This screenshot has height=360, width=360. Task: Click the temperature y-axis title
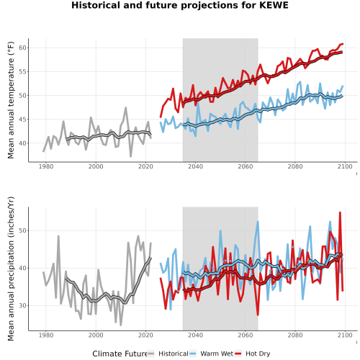[x=11, y=100]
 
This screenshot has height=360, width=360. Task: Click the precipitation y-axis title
[x=11, y=269]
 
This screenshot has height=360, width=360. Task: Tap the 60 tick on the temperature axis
[x=22, y=48]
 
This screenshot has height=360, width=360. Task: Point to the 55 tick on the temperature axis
[x=22, y=71]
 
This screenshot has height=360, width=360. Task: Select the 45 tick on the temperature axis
[x=22, y=120]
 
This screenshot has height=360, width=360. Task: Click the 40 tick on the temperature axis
[x=22, y=143]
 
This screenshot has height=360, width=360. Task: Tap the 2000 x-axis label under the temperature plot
[x=96, y=166]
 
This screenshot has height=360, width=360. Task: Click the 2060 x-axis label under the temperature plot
[x=246, y=166]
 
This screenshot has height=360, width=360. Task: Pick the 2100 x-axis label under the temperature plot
[x=345, y=166]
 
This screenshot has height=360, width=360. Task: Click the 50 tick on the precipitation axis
[x=22, y=230]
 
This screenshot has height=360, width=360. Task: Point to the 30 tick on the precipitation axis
[x=22, y=306]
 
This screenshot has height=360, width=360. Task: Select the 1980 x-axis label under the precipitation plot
[x=46, y=335]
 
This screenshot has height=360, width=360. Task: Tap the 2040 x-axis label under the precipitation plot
[x=195, y=335]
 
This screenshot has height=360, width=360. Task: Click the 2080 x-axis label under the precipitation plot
[x=295, y=335]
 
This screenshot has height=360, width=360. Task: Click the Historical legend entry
[x=168, y=354]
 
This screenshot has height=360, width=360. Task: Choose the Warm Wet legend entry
[x=211, y=354]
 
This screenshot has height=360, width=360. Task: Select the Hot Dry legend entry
[x=252, y=354]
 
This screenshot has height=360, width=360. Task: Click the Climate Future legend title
[x=120, y=354]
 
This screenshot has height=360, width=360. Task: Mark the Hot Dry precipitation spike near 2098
[x=340, y=212]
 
